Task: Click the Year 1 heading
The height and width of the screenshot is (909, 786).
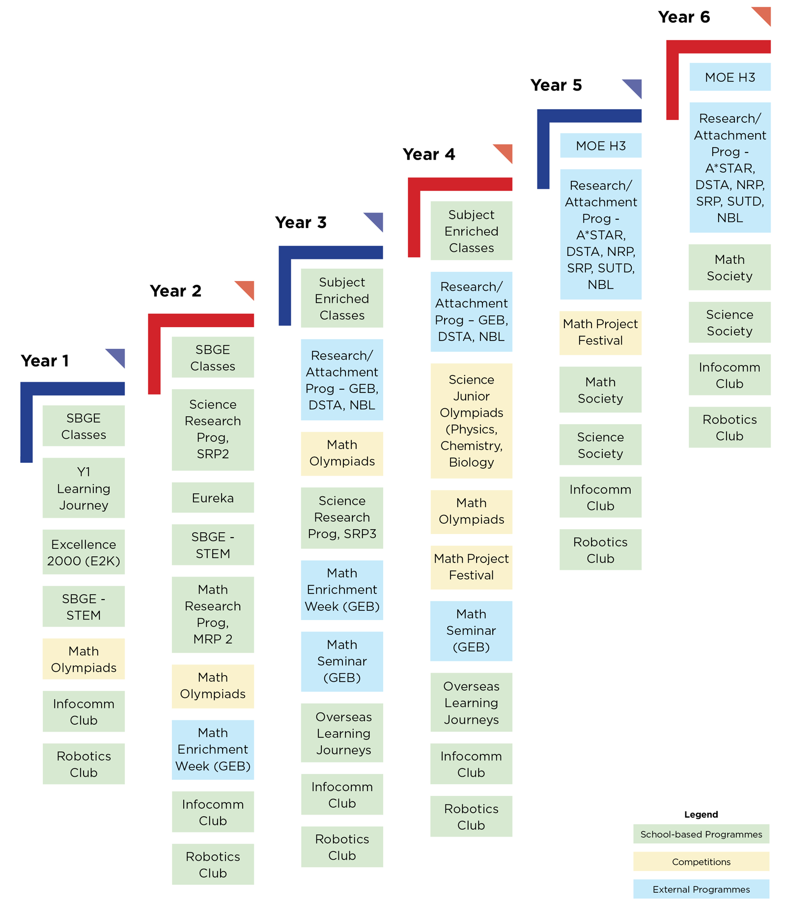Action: [x=45, y=361]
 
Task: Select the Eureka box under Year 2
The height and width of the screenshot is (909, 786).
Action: [x=213, y=497]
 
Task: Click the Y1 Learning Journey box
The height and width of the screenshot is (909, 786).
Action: [x=84, y=488]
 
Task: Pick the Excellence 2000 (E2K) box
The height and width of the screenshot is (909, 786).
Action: [x=84, y=552]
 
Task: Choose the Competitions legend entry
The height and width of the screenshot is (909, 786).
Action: [x=701, y=861]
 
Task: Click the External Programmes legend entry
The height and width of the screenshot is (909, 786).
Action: [x=701, y=889]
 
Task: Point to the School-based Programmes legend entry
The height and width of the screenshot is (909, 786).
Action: [x=701, y=834]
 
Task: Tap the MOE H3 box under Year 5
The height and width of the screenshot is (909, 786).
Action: [x=601, y=145]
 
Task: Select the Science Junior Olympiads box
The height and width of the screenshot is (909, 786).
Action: [x=472, y=421]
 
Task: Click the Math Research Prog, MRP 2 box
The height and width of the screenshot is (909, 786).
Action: [x=213, y=614]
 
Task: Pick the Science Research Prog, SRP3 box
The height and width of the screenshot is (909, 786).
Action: [x=342, y=517]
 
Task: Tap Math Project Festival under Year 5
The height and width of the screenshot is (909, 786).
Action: [x=600, y=333]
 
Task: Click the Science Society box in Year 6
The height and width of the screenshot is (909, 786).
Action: [x=730, y=322]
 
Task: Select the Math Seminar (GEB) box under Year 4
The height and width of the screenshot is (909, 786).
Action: [x=472, y=631]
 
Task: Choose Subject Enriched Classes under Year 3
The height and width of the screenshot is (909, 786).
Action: [x=342, y=298]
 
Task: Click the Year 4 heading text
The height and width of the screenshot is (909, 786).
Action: [x=429, y=154]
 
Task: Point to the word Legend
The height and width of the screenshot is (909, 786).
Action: [x=701, y=814]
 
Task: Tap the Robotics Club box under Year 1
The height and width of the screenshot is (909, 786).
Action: [x=84, y=764]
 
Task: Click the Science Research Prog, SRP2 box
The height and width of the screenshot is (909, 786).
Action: [x=213, y=429]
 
